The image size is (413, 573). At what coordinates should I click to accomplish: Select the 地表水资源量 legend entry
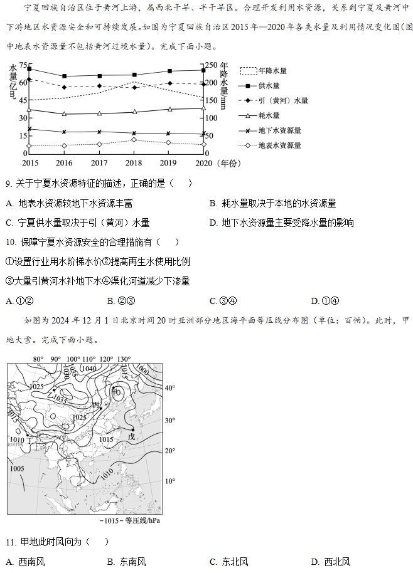(x=279, y=145)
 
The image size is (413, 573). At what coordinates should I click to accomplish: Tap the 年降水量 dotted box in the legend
(x=249, y=71)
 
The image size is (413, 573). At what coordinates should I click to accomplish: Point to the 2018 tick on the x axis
(x=133, y=163)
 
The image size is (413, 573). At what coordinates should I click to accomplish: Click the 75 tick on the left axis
(x=23, y=65)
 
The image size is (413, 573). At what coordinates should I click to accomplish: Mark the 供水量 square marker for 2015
(x=29, y=68)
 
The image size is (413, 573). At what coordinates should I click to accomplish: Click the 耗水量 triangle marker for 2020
(x=203, y=108)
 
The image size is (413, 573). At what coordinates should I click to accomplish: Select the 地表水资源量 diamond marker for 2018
(x=134, y=139)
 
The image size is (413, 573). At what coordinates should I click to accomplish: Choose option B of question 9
(x=272, y=203)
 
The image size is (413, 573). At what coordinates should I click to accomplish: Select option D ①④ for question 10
(x=325, y=300)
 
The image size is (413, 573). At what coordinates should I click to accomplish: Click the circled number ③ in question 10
(x=9, y=281)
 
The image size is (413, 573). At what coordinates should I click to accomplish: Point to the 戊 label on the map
(x=131, y=436)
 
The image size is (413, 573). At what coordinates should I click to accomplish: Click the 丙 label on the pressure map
(x=96, y=405)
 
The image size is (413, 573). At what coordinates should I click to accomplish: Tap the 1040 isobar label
(x=88, y=369)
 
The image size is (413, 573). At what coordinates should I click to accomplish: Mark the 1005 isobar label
(x=17, y=468)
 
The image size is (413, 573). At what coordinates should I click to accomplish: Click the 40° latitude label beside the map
(x=169, y=388)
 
